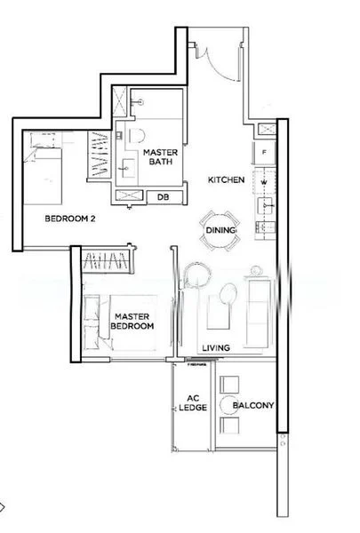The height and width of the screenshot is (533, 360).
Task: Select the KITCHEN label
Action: [x=226, y=180]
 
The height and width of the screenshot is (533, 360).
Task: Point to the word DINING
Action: [x=220, y=229]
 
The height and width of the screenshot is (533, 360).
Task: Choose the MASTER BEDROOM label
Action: [x=132, y=321]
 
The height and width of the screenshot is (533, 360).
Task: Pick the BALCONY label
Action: [x=252, y=407]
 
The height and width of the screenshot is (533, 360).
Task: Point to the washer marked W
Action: [x=265, y=183]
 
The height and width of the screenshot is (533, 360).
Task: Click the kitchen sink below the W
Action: [x=264, y=207]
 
